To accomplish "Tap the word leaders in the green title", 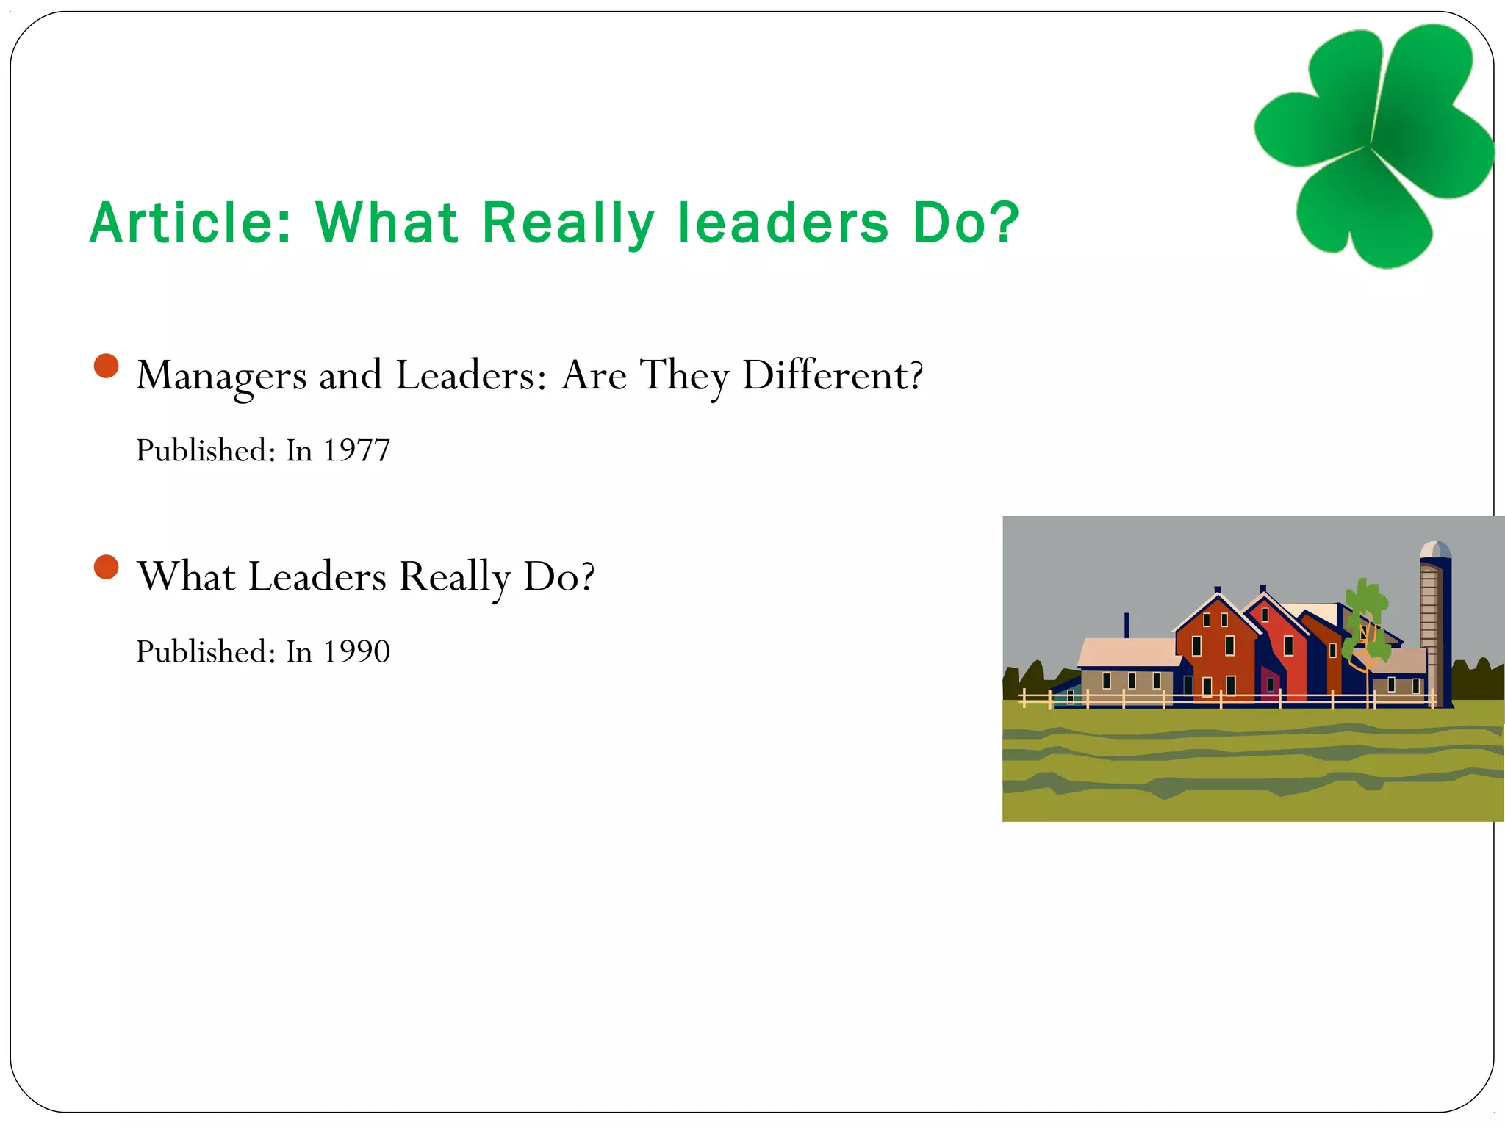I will [783, 223].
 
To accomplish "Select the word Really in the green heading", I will [568, 224].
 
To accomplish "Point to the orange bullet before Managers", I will [107, 366].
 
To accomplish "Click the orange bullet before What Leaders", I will [107, 567].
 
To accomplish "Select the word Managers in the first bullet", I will [221, 376].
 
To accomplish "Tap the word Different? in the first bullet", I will [833, 375].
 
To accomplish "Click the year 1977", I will [357, 450].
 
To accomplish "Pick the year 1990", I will [357, 651].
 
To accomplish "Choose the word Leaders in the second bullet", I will [317, 576].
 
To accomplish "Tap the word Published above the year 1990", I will [205, 651].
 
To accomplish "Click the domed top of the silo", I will [1435, 550].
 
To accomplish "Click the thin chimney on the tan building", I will [1127, 625].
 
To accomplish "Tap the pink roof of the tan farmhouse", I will [1128, 652].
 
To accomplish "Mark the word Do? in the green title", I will [966, 223].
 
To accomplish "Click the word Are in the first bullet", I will [594, 375].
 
